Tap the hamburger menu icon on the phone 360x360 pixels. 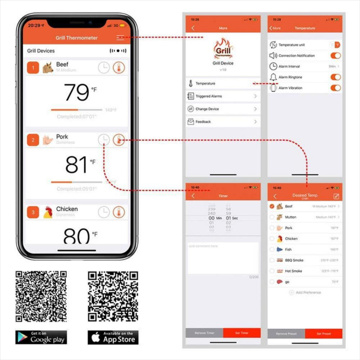[120, 37]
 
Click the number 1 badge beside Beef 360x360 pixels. [33, 68]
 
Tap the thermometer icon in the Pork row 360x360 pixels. [118, 140]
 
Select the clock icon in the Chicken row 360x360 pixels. [104, 212]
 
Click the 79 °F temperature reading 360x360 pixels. [77, 93]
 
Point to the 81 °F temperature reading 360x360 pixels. [77, 165]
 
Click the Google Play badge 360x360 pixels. [41, 337]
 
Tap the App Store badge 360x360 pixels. [113, 337]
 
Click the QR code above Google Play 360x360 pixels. [41, 296]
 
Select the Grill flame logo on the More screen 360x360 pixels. [223, 49]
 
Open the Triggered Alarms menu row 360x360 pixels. [223, 96]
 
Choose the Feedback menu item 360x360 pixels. [223, 122]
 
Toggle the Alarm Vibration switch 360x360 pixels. [335, 88]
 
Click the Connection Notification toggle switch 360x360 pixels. [335, 55]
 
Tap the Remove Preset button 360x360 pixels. [286, 334]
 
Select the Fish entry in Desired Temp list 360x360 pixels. [288, 249]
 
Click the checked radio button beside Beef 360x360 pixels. [272, 206]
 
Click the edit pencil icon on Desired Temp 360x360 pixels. [336, 196]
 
